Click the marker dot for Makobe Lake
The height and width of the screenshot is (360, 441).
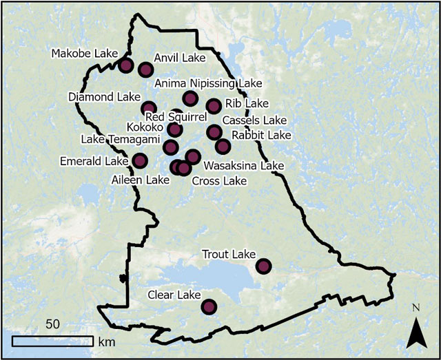click(125, 65)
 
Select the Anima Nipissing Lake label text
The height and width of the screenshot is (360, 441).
click(208, 83)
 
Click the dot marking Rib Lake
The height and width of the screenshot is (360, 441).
click(214, 105)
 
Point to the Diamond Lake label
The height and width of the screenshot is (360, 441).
click(104, 97)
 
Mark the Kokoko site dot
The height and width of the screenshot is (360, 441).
click(175, 129)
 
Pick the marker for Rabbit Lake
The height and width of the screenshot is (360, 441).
click(222, 146)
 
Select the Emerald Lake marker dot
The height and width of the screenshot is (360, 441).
click(140, 160)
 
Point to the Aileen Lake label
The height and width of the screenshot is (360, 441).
click(140, 180)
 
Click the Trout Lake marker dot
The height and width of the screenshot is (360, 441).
click(263, 266)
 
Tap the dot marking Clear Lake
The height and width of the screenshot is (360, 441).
click(209, 306)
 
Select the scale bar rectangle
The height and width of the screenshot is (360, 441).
click(52, 341)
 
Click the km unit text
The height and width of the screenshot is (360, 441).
click(106, 341)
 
